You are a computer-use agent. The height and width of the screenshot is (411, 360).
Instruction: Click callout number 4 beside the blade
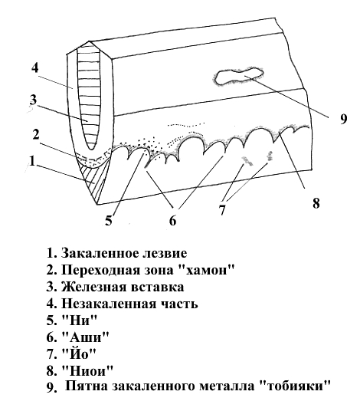tap(34, 67)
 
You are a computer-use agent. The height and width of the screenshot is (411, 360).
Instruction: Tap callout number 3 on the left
tap(33, 100)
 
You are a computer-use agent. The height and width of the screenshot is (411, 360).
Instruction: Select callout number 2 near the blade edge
tap(36, 134)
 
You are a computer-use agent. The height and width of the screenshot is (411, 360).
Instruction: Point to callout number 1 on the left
tap(32, 160)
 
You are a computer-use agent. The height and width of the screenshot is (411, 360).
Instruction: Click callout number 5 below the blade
tap(109, 220)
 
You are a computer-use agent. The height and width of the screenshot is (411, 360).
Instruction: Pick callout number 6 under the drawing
tap(173, 220)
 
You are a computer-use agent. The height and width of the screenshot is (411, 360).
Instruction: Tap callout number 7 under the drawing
tap(222, 209)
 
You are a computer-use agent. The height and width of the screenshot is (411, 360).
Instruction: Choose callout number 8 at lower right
tap(316, 202)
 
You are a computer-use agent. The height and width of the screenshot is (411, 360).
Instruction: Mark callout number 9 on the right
tap(343, 119)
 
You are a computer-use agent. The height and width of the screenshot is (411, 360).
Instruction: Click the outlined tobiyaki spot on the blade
tap(238, 76)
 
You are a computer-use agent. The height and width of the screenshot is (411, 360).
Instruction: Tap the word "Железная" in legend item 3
tap(93, 287)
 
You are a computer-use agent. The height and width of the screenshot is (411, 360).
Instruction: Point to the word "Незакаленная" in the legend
tap(108, 304)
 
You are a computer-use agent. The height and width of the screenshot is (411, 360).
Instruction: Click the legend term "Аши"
tap(85, 337)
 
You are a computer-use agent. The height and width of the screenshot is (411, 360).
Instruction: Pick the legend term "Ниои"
tap(87, 370)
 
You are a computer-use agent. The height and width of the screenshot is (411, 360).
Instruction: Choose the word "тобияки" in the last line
tap(296, 386)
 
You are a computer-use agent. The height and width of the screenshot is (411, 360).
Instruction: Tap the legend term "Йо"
tap(79, 353)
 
